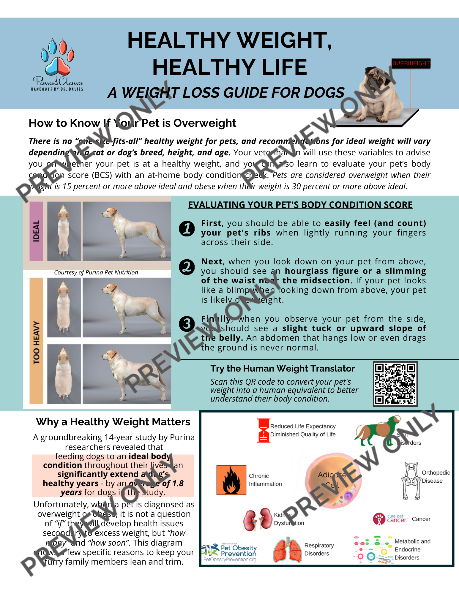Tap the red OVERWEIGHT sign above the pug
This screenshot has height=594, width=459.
pos(411,63)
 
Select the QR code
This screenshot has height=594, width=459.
pos(395,384)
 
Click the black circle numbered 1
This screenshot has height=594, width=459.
pos(187,229)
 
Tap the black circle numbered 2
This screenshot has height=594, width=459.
pos(187,267)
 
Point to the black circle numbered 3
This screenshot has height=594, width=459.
pos(187,324)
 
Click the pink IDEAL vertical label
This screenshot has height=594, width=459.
pos(36,231)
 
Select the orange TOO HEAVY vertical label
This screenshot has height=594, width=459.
pos(36,342)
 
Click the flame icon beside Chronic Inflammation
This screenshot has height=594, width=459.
pos(231,480)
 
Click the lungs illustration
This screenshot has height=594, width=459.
pos(287,550)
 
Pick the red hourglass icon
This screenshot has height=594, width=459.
pos(263,430)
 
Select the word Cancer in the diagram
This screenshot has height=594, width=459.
pos(421,519)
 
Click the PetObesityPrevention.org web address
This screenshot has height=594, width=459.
pos(230,560)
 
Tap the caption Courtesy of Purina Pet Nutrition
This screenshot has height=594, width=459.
pos(96,272)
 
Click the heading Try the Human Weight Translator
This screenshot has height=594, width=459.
pos(283,369)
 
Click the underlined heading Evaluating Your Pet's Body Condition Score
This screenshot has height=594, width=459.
pos(300,205)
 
